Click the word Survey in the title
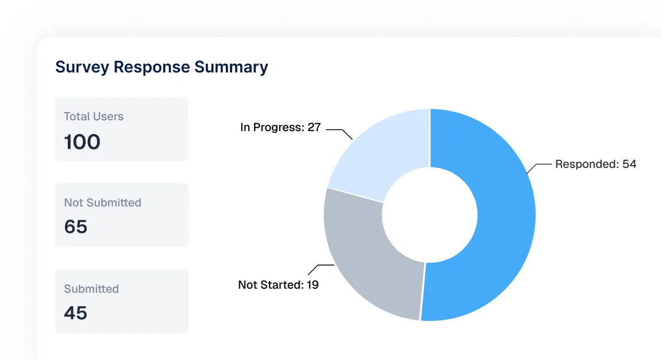pyautogui.click(x=82, y=67)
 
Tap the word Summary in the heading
pyautogui.click(x=231, y=67)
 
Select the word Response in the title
pyautogui.click(x=152, y=67)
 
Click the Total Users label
pyautogui.click(x=94, y=116)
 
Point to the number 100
pyautogui.click(x=82, y=142)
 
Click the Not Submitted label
pyautogui.click(x=103, y=202)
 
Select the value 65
pyautogui.click(x=76, y=227)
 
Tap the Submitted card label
pyautogui.click(x=91, y=289)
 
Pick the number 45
pyautogui.click(x=76, y=313)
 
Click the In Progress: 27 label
pyautogui.click(x=280, y=127)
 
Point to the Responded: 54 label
pyautogui.click(x=596, y=164)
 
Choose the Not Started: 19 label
pyautogui.click(x=278, y=285)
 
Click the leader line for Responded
pyautogui.click(x=538, y=167)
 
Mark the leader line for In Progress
pyautogui.click(x=340, y=133)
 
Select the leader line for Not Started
pyautogui.click(x=321, y=269)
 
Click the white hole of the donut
pyautogui.click(x=430, y=215)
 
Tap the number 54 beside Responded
pyautogui.click(x=629, y=164)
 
